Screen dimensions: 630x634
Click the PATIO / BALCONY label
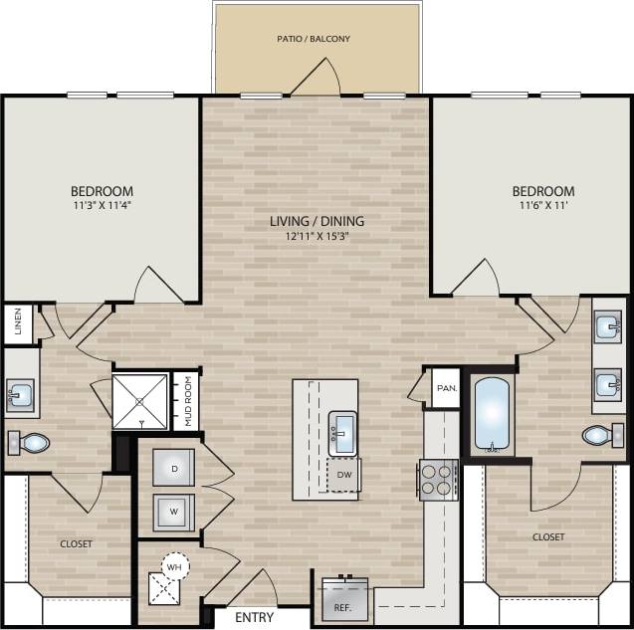(314, 39)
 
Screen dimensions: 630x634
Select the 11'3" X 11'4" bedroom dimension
(102, 208)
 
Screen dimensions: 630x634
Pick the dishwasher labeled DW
(344, 475)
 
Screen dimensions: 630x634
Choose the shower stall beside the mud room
(140, 402)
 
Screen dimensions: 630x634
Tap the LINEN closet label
(18, 321)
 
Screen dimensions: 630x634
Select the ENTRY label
(255, 618)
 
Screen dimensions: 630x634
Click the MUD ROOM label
(186, 401)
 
